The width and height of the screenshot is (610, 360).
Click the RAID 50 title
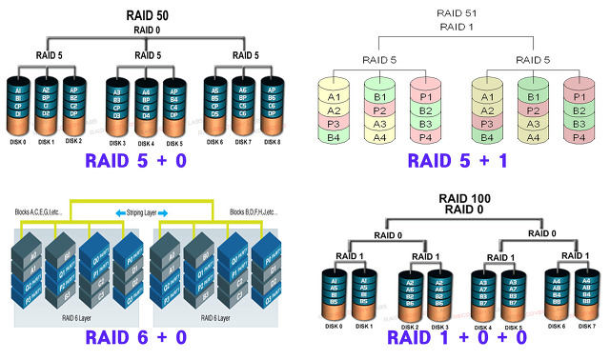click(x=147, y=16)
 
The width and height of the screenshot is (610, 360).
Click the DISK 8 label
click(x=273, y=142)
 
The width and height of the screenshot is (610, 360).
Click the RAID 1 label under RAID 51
click(x=457, y=26)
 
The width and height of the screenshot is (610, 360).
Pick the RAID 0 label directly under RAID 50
click(x=147, y=30)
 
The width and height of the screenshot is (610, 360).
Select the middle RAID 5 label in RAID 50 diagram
click(x=147, y=55)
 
